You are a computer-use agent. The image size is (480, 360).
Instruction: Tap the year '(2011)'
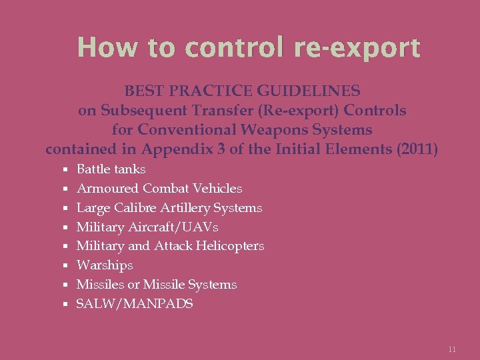coord(417,149)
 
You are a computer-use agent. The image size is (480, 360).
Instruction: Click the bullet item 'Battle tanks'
coord(111,169)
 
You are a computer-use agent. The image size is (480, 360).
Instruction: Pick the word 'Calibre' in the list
coord(132,208)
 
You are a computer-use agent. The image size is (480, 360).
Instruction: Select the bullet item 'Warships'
coord(105,265)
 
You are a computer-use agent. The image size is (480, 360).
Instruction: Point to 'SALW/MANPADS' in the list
coord(135,304)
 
